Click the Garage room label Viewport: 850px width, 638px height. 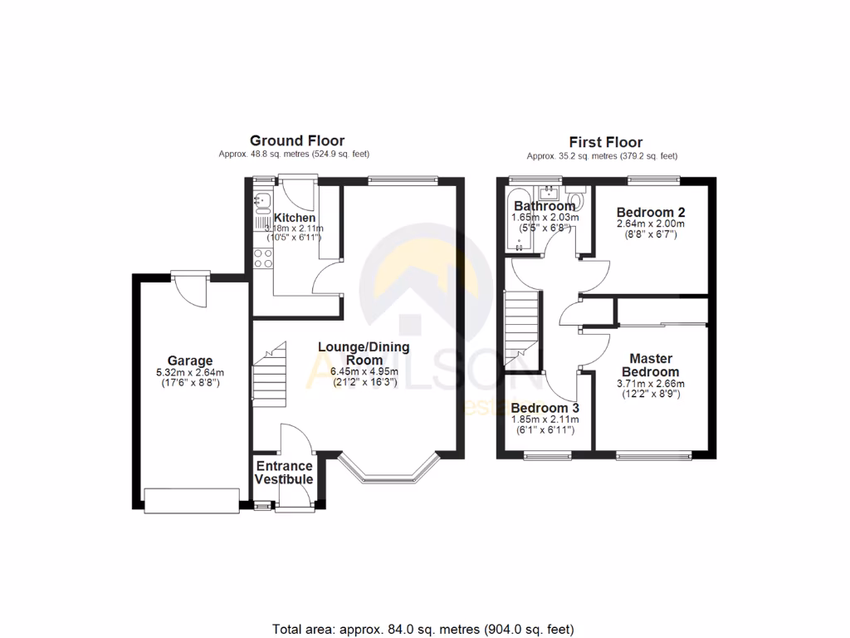pyautogui.click(x=189, y=361)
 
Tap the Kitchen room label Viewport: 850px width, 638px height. pyautogui.click(x=295, y=218)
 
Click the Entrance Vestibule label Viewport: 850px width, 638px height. pyautogui.click(x=284, y=473)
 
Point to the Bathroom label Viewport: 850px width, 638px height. pyautogui.click(x=545, y=206)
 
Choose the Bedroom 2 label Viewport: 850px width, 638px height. pyautogui.click(x=651, y=212)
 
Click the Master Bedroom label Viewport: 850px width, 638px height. pyautogui.click(x=651, y=366)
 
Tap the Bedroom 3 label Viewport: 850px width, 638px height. pyautogui.click(x=545, y=409)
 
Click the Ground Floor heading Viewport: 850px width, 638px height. pyautogui.click(x=296, y=140)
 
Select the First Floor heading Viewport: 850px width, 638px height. pyautogui.click(x=605, y=142)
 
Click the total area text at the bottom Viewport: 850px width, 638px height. pyautogui.click(x=423, y=629)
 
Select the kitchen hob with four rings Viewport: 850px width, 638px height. pyautogui.click(x=263, y=258)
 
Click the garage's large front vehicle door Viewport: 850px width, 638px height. pyautogui.click(x=190, y=499)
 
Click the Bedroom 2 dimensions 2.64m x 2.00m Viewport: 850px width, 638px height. pyautogui.click(x=651, y=223)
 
